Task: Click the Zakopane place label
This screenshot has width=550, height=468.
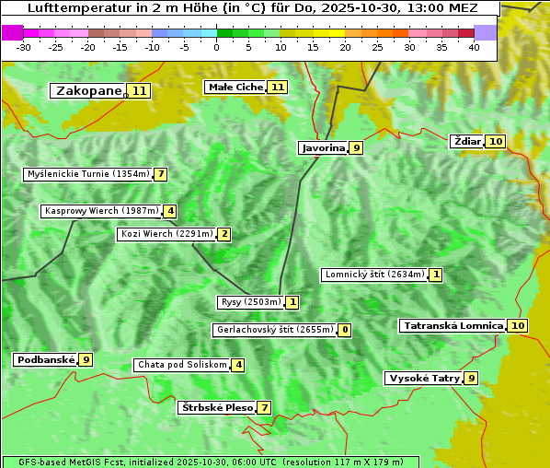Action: [88, 90]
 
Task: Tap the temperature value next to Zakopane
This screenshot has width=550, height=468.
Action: [139, 90]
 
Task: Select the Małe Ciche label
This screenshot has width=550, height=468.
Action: [235, 87]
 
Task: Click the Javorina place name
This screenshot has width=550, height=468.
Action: [323, 147]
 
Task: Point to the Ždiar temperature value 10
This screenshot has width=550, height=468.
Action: [496, 141]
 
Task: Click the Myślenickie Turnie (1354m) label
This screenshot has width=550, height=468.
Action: [87, 174]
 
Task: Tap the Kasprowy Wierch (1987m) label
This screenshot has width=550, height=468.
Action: [101, 211]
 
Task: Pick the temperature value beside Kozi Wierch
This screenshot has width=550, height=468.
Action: [224, 234]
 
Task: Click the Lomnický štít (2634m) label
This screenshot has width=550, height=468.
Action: [373, 275]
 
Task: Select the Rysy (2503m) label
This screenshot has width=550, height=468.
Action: [250, 302]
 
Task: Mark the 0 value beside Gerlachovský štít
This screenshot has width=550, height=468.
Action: [345, 330]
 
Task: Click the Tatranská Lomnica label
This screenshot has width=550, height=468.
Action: [453, 325]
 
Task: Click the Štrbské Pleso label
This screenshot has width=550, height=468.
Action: [216, 407]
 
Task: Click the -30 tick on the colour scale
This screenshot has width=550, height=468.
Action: [23, 46]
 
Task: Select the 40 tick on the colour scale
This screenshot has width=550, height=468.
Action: [474, 46]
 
